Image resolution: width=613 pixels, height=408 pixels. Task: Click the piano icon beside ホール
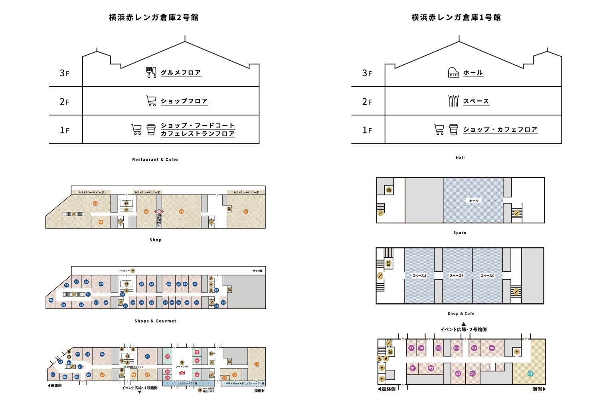point(453,72)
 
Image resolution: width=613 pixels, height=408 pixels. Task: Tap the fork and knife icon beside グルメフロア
point(151,72)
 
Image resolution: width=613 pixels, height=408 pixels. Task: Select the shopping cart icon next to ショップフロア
point(151,101)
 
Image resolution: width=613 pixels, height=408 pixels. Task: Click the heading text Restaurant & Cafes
point(155,159)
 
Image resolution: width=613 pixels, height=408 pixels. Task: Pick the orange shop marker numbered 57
point(246,211)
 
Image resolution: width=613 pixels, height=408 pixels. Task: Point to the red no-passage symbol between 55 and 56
point(159,211)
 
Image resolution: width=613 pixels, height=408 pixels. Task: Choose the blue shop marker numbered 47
point(101,284)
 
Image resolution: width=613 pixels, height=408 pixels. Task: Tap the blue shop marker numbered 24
point(51,300)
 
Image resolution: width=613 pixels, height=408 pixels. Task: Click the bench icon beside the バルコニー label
point(133,271)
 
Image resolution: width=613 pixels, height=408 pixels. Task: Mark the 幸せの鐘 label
point(257,271)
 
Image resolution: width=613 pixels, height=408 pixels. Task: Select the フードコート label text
point(182,366)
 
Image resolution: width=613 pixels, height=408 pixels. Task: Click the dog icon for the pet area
point(200,390)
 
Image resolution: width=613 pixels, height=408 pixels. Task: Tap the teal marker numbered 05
point(530,374)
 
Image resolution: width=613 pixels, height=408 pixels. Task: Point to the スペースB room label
point(457,276)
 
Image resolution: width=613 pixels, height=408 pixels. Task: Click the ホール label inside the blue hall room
point(474,201)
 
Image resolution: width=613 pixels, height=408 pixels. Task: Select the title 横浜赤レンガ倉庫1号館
point(456,17)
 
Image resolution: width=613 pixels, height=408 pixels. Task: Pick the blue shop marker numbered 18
point(102,354)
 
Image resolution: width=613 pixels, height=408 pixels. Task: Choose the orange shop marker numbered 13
point(256,364)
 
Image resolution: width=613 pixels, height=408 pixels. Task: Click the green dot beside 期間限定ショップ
point(125,366)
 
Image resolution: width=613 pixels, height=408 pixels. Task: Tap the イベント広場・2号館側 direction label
point(463,329)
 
